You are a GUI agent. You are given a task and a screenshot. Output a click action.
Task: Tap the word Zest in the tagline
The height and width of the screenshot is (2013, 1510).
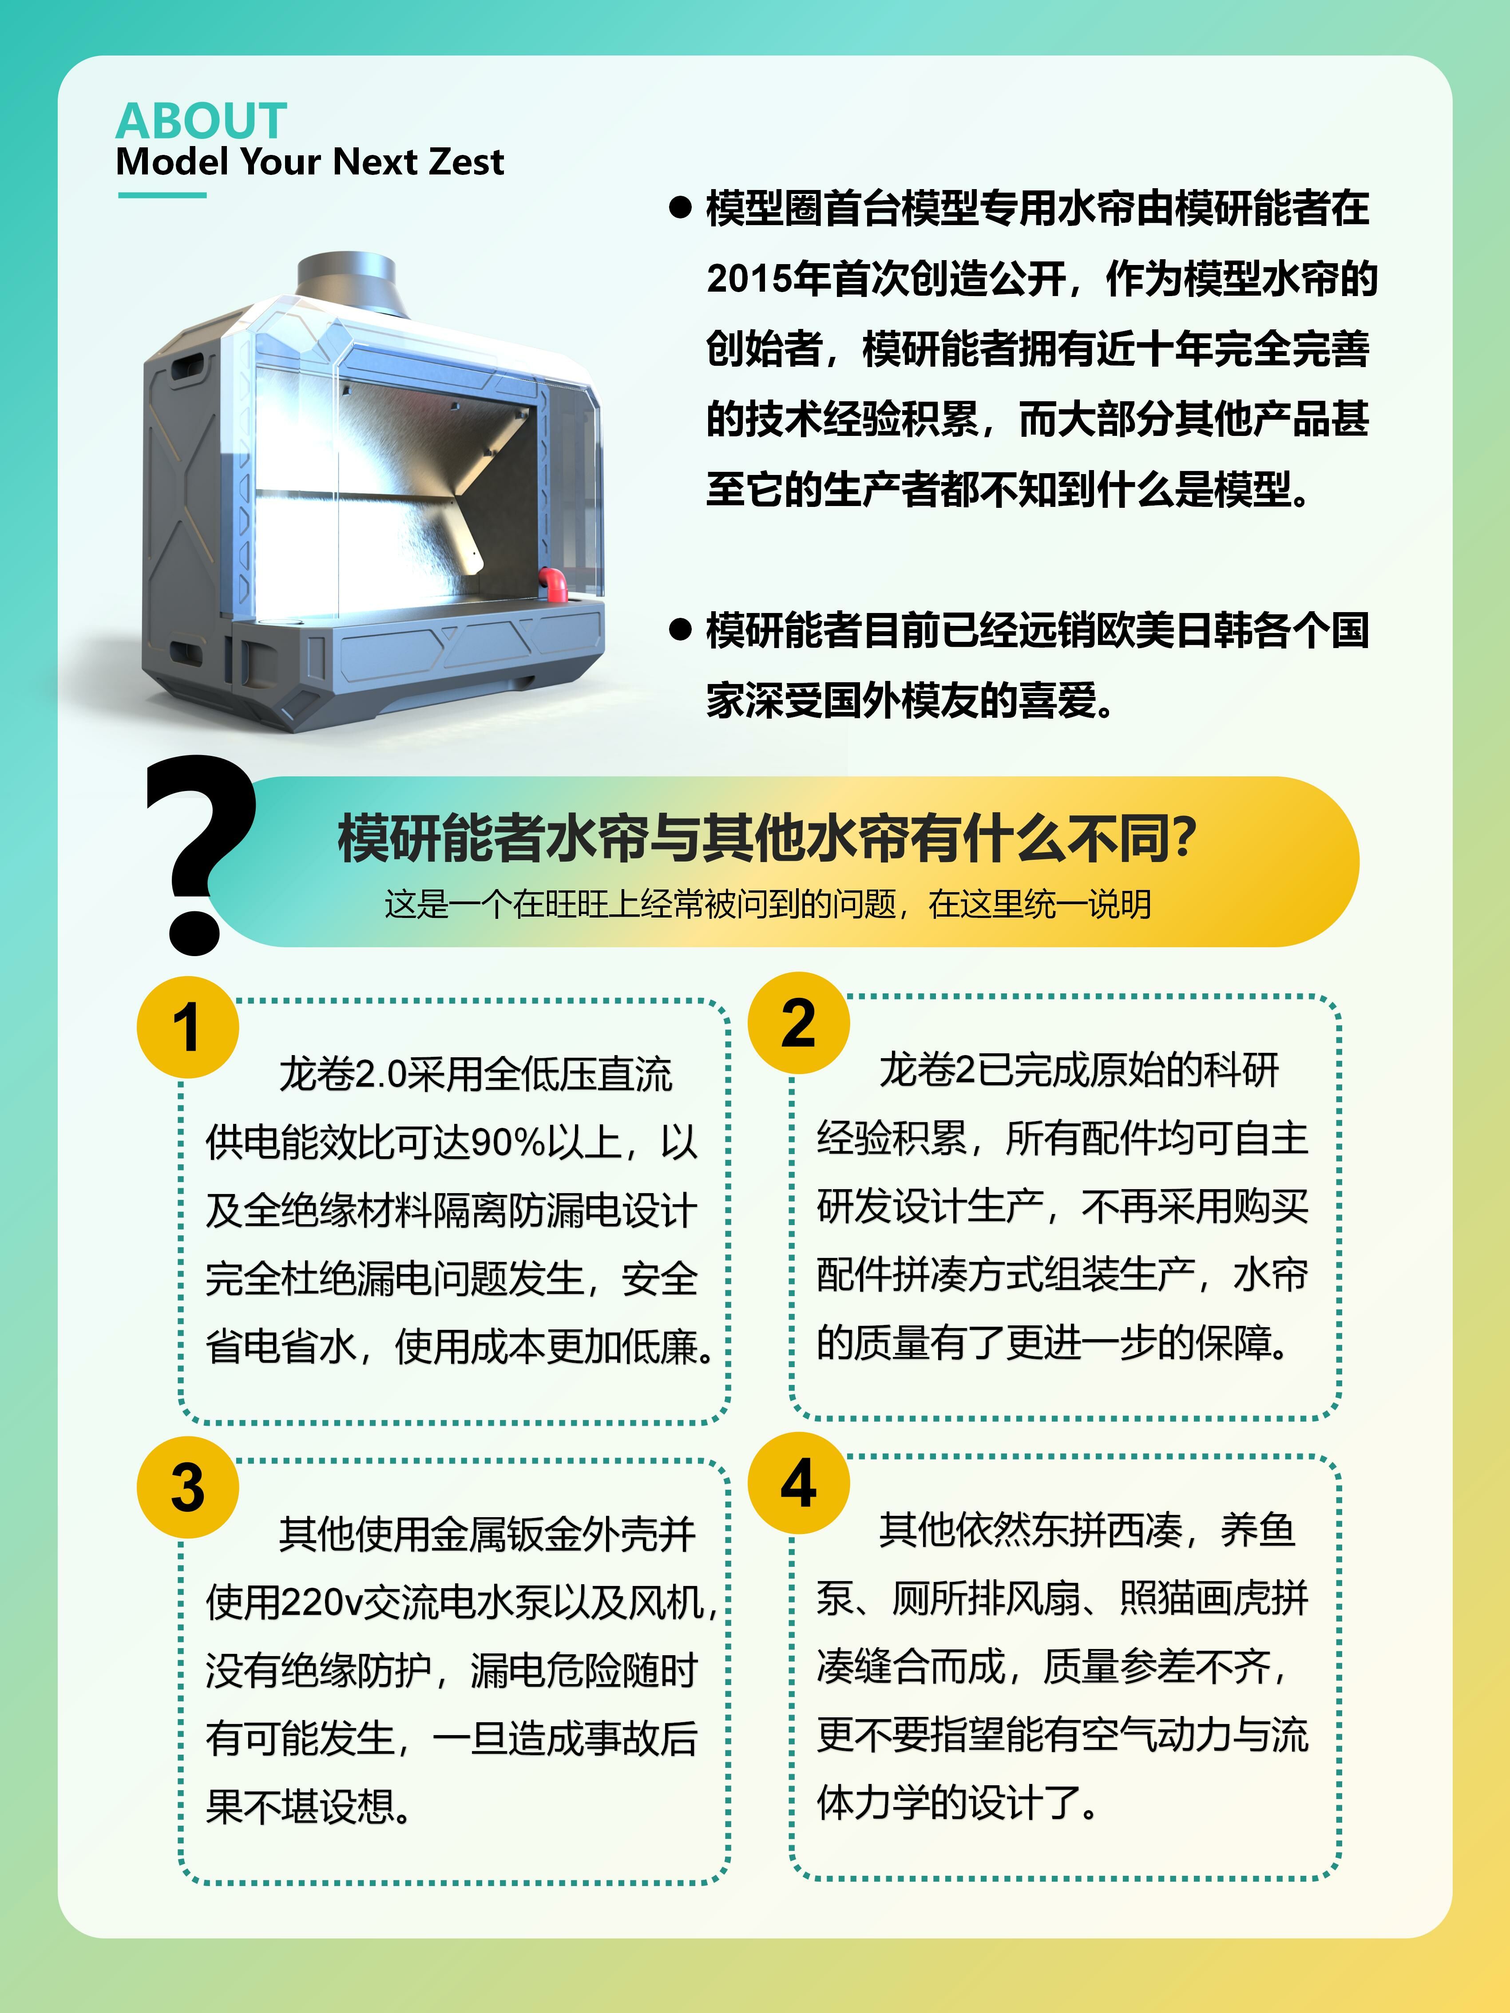tap(466, 162)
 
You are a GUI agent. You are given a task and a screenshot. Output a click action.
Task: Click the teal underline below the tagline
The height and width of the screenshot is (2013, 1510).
tap(162, 195)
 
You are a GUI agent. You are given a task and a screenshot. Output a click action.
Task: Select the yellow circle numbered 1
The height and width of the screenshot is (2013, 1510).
tap(187, 1028)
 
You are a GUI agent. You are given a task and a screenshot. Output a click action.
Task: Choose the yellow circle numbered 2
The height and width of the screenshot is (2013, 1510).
tap(798, 1023)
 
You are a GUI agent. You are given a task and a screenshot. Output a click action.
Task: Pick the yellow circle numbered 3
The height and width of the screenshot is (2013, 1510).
tap(187, 1487)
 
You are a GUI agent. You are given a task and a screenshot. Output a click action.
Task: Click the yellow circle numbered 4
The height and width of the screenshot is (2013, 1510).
tap(798, 1483)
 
